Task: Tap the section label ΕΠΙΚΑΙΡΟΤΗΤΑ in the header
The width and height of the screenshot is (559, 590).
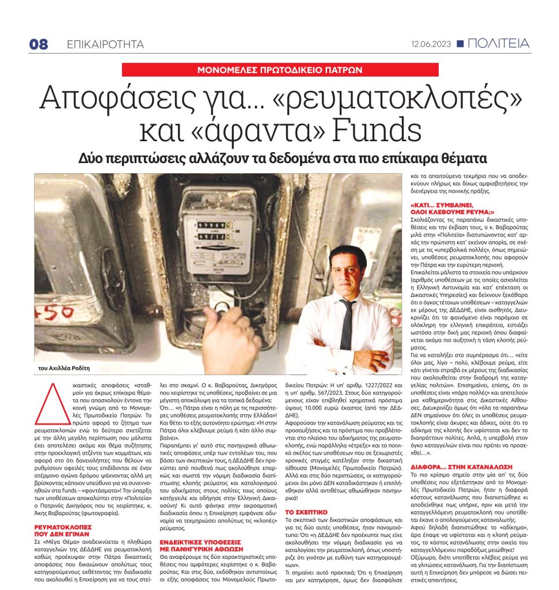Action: (105, 45)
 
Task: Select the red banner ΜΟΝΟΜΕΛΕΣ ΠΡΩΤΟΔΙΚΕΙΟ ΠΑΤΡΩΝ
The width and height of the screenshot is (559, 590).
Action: (279, 70)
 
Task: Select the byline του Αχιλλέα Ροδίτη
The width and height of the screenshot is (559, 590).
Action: (65, 368)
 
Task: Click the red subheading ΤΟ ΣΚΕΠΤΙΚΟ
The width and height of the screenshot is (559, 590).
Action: (306, 512)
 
